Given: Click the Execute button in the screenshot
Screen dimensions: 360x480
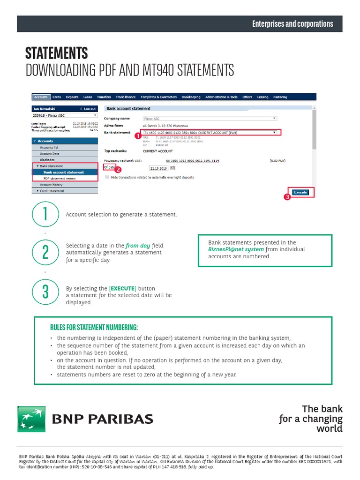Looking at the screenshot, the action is coord(300,192).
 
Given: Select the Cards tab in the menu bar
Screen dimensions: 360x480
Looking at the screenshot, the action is coord(56,97).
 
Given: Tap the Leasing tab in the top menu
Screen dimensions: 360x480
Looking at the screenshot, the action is coord(262,97).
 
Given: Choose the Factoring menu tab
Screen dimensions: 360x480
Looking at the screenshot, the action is coord(280,97).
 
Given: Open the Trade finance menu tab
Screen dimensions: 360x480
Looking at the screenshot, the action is coord(126,97).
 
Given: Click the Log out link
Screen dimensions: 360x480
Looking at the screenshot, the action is coord(89,109).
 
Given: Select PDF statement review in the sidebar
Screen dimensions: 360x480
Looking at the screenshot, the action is coord(60,179).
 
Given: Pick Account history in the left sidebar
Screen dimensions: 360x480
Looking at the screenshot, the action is coord(51,185).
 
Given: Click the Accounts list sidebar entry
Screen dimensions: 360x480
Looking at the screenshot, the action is coord(49,147).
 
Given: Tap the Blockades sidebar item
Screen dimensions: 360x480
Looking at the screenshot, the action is coord(47,160).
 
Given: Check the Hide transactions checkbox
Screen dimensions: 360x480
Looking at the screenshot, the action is coord(107,177).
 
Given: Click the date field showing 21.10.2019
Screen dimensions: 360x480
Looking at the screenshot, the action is coord(158,168).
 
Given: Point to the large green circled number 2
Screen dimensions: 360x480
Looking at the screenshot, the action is coord(45,252).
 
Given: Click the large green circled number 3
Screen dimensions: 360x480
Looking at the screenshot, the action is coord(45,292).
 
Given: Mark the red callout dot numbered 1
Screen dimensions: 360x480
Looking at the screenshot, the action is coord(137,136).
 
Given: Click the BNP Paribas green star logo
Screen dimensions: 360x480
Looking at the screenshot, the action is coord(31,419).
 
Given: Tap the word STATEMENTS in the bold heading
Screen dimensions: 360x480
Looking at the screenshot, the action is coord(56,53).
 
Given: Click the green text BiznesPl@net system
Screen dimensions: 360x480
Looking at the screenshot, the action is coord(236,249).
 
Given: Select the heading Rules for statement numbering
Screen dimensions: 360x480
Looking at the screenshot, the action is coord(94,327).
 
